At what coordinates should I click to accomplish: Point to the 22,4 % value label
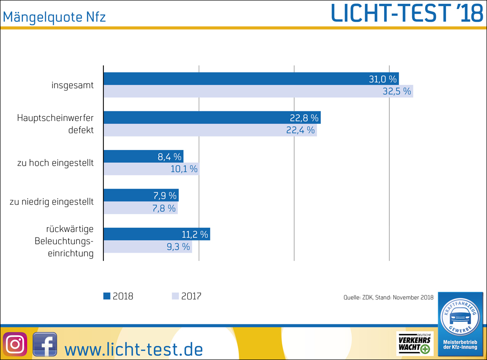click(301, 130)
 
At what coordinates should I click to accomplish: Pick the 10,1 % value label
click(183, 169)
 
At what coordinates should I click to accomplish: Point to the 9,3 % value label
click(179, 247)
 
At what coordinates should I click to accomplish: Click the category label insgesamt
click(72, 86)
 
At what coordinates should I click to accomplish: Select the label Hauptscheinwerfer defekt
click(55, 124)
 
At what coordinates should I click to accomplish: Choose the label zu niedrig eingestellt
click(51, 202)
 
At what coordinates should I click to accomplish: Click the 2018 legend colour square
click(107, 296)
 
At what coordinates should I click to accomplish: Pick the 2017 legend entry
click(186, 296)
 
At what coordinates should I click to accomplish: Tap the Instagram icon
click(15, 344)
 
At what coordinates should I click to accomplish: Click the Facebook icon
click(45, 344)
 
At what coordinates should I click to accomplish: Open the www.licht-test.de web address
click(133, 349)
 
